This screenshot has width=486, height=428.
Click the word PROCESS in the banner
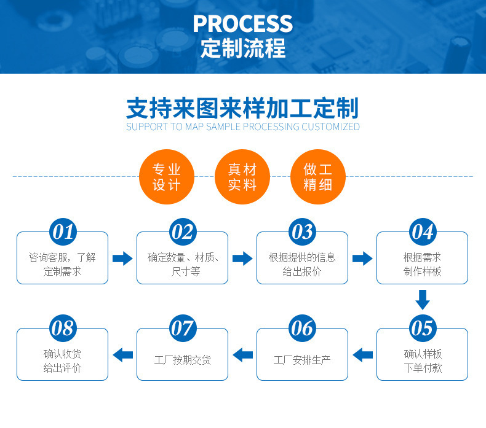point(242,23)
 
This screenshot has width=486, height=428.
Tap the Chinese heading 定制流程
point(242,49)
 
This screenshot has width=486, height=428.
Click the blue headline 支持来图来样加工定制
point(242,107)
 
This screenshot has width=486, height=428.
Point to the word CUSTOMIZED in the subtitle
point(329,127)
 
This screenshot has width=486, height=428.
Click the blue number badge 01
point(62,232)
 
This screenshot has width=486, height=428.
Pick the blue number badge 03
point(302,232)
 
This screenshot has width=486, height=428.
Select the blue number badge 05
point(422,328)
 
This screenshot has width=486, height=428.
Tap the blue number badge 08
point(62,328)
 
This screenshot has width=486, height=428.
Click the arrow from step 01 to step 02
point(122,258)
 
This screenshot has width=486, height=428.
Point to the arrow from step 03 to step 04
point(362,258)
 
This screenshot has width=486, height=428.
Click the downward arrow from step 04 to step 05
point(422,300)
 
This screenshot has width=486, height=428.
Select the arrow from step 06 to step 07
point(242,354)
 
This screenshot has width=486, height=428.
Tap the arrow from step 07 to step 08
point(122,354)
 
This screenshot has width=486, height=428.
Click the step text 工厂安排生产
point(302,360)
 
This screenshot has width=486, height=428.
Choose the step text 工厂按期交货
point(182,360)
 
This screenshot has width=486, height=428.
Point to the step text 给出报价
point(302,271)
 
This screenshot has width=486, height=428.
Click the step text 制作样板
point(422,271)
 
